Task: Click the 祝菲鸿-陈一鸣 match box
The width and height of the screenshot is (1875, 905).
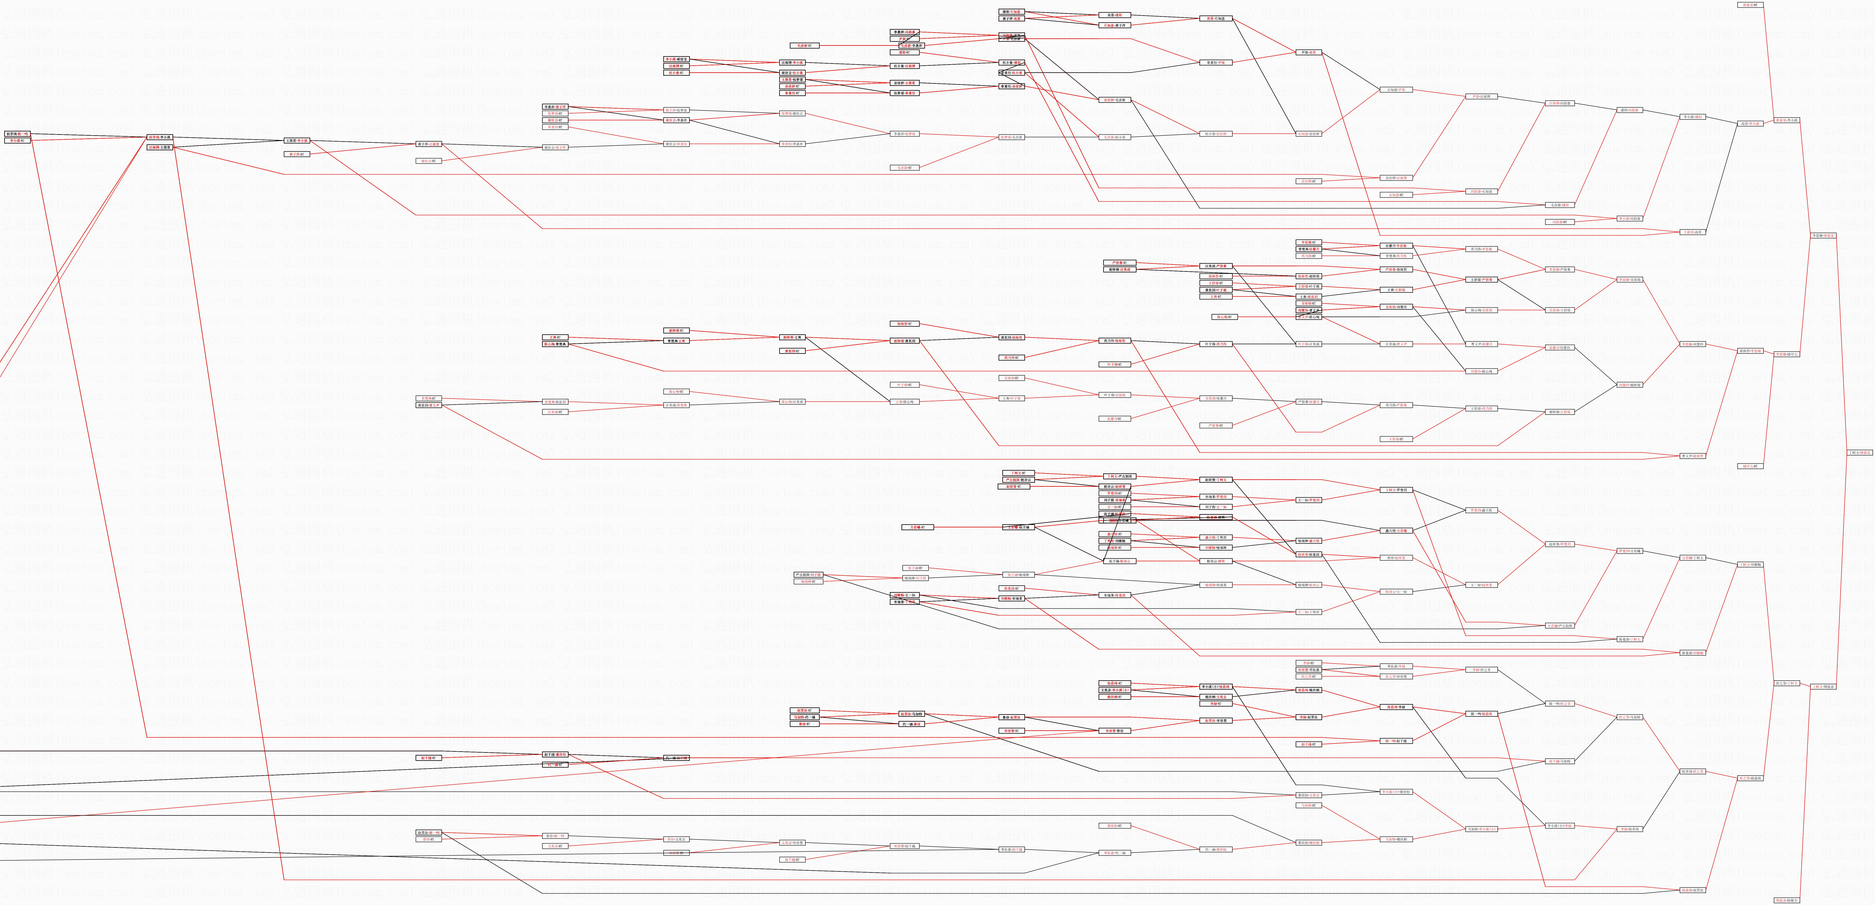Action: pos(17,134)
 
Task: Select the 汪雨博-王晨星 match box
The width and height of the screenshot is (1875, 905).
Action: pos(159,147)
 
